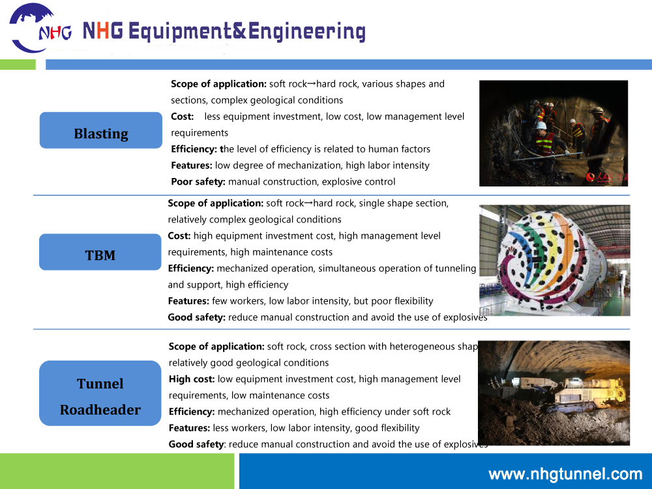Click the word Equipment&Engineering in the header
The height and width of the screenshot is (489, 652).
(x=246, y=31)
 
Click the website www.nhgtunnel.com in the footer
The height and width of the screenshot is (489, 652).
(x=565, y=474)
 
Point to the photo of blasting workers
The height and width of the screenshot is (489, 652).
(x=553, y=133)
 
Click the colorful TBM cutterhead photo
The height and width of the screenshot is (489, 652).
(x=554, y=260)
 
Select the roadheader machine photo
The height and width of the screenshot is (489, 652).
(x=554, y=393)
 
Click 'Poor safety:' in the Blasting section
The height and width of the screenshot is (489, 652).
(x=198, y=182)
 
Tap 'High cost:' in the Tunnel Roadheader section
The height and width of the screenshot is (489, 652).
(x=192, y=379)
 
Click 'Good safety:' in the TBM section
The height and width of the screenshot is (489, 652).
(x=196, y=318)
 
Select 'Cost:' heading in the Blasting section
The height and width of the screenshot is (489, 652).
(x=183, y=117)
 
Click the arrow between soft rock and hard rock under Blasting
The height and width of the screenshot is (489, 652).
(x=311, y=84)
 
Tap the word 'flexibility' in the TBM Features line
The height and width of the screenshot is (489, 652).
(x=410, y=301)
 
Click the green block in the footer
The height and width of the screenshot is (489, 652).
(x=117, y=471)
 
